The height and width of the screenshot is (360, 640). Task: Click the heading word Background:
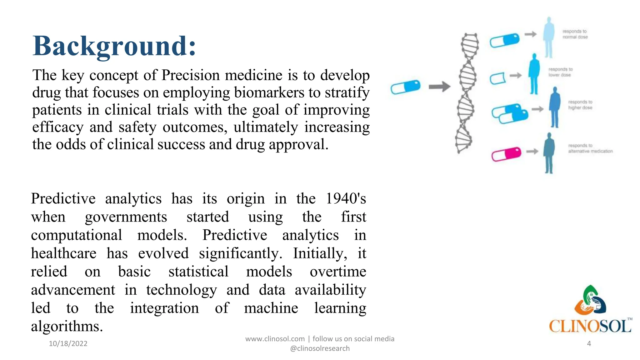[114, 46]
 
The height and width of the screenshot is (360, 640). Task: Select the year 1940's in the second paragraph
[346, 199]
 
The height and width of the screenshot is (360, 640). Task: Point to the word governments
[126, 217]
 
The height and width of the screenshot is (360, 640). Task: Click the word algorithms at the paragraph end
[67, 327]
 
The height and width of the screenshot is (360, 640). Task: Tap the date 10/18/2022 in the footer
[68, 343]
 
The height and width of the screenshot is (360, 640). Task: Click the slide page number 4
[589, 343]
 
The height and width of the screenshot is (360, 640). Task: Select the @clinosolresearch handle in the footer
[320, 348]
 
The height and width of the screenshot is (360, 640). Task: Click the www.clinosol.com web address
[275, 339]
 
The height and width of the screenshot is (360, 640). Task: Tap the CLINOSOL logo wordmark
[590, 326]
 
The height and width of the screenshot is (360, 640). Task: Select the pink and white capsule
[506, 154]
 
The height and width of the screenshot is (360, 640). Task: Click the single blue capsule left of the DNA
[406, 87]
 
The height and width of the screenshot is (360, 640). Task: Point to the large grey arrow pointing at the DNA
[439, 87]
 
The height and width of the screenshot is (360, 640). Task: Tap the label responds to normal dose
[575, 34]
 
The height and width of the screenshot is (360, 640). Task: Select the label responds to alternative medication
[590, 148]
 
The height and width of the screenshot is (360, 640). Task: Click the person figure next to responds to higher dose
[555, 107]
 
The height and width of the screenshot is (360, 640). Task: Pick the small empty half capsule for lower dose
[497, 78]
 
